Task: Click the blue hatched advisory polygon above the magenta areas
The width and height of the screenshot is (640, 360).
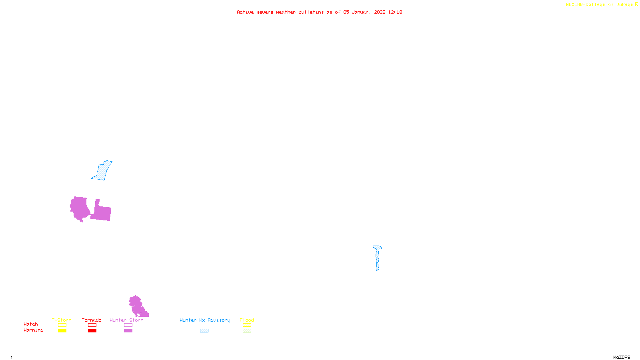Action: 102,171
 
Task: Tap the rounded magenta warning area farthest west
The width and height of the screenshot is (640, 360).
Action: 80,208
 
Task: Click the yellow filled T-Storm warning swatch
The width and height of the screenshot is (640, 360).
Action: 62,331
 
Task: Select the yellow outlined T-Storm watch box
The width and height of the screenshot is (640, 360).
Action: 62,325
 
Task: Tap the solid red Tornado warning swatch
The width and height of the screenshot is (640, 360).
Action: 92,331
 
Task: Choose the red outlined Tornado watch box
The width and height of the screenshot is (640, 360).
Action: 92,325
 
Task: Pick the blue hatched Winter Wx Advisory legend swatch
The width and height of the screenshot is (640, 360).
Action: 204,331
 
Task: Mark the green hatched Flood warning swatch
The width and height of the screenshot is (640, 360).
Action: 247,331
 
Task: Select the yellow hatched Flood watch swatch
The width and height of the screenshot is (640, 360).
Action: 247,325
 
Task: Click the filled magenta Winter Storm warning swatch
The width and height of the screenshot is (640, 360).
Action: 128,331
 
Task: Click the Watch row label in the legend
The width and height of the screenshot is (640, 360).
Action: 31,324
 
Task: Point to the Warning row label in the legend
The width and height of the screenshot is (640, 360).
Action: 33,330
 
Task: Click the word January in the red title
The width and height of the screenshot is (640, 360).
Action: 362,12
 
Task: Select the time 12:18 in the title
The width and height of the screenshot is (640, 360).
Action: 395,12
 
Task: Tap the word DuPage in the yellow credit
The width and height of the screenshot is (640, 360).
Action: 624,4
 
